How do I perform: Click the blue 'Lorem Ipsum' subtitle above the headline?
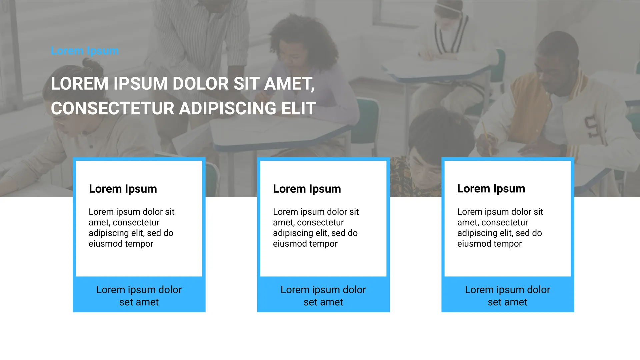pyautogui.click(x=85, y=51)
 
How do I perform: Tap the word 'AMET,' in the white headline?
pyautogui.click(x=289, y=84)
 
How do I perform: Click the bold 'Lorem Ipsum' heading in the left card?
pyautogui.click(x=123, y=189)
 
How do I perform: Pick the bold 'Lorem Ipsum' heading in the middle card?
pyautogui.click(x=307, y=189)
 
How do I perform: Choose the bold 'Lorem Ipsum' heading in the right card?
pyautogui.click(x=491, y=189)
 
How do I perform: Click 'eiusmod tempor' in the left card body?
pyautogui.click(x=121, y=244)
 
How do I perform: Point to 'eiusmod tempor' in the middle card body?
pyautogui.click(x=305, y=244)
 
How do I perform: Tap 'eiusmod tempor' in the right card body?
pyautogui.click(x=490, y=244)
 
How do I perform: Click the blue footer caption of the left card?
pyautogui.click(x=139, y=296)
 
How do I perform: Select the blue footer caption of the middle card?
pyautogui.click(x=323, y=296)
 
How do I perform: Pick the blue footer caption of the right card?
pyautogui.click(x=508, y=296)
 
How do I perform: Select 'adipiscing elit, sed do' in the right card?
pyautogui.click(x=500, y=233)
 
